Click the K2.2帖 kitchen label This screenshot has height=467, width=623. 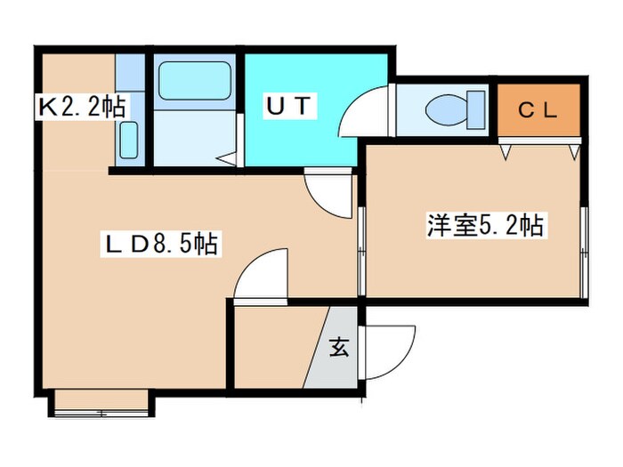tap(80, 107)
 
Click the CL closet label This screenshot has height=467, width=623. tap(538, 111)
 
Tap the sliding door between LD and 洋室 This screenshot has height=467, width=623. tap(361, 252)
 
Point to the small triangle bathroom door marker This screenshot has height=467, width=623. tap(228, 159)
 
